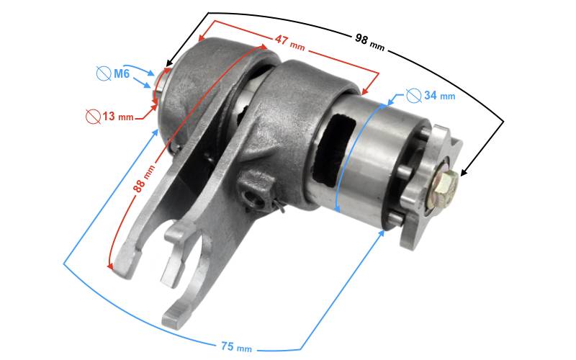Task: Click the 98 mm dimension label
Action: pyautogui.click(x=369, y=42)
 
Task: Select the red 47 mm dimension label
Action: pyautogui.click(x=290, y=42)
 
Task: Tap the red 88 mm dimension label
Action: pyautogui.click(x=143, y=179)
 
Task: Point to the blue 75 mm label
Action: pyautogui.click(x=236, y=346)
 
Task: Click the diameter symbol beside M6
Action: pyautogui.click(x=104, y=73)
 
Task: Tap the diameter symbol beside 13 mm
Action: pyautogui.click(x=94, y=117)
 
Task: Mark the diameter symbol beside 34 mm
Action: pyautogui.click(x=414, y=96)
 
